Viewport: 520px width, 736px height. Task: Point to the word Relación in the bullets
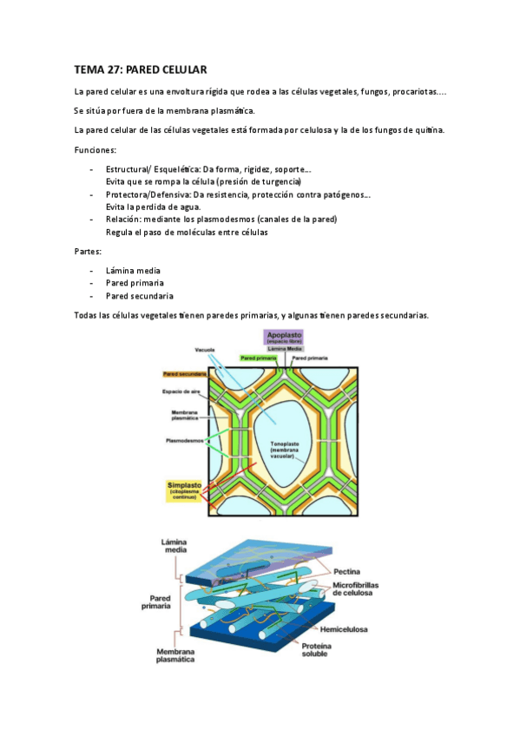(x=123, y=220)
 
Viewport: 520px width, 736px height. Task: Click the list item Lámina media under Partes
(x=132, y=270)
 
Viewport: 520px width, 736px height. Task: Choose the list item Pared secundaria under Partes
(x=139, y=295)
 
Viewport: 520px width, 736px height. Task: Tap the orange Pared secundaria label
(x=184, y=374)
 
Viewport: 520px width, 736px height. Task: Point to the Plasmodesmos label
(x=185, y=441)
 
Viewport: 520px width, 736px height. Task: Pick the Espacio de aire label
(x=183, y=391)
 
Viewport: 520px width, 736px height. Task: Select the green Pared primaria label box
(x=259, y=357)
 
